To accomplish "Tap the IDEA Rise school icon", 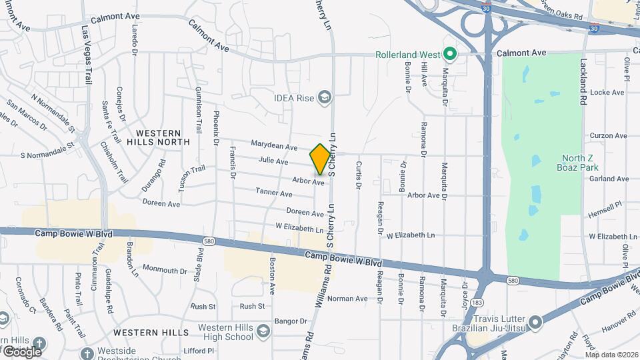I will click(x=325, y=98).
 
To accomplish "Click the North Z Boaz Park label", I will click(x=577, y=163).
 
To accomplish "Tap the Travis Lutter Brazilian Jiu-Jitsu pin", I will click(x=535, y=325).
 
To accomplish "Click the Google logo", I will click(x=22, y=351).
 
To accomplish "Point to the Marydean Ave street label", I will click(x=274, y=146).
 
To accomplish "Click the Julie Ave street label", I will click(x=273, y=161).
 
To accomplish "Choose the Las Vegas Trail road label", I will click(x=86, y=55).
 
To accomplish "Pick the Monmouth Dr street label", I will click(x=165, y=270).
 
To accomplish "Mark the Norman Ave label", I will click(x=347, y=299).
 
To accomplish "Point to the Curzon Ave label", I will click(x=609, y=135).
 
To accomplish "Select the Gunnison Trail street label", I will click(x=198, y=110).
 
